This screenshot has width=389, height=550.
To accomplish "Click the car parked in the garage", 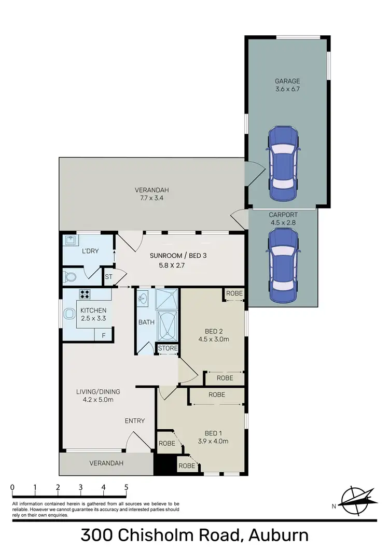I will tap(282, 165).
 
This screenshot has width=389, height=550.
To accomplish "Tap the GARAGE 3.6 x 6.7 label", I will tap(287, 85).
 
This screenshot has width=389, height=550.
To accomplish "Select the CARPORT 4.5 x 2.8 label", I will tap(283, 218).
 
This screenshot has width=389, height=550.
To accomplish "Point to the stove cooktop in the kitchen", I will tap(85, 294).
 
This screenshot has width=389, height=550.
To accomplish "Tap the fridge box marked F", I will tap(103, 335).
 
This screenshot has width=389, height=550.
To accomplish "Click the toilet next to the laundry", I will tap(70, 275).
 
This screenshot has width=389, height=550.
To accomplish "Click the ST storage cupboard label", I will tap(109, 277).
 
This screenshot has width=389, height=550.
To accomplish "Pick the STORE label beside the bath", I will tap(167, 348).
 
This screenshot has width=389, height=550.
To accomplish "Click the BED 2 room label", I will tap(210, 335).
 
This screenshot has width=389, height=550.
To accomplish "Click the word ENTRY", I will tap(135, 420).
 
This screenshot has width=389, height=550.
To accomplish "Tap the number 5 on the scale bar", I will tap(126, 487).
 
